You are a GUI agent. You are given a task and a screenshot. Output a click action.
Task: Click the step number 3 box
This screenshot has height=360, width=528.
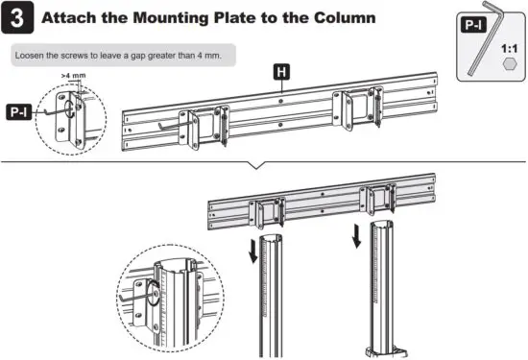[x=21, y=19]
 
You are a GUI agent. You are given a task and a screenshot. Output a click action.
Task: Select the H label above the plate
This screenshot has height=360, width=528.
[x=281, y=72]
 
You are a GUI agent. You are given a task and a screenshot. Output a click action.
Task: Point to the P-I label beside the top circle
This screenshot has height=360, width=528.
[x=18, y=112]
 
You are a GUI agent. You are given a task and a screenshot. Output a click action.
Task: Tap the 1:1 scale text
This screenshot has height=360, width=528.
[x=510, y=44]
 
